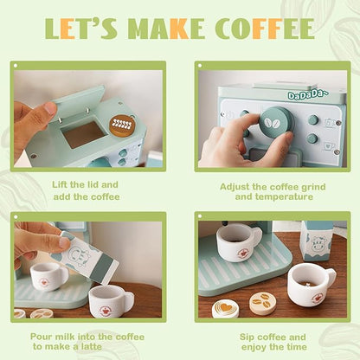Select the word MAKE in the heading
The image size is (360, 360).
[159, 29]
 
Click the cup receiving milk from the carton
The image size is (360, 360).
[111, 300]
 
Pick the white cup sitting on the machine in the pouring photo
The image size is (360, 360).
[50, 275]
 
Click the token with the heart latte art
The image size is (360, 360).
[226, 307]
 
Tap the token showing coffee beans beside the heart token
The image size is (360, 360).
[262, 300]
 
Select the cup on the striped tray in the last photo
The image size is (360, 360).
[239, 241]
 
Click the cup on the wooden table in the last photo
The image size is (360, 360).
[310, 284]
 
